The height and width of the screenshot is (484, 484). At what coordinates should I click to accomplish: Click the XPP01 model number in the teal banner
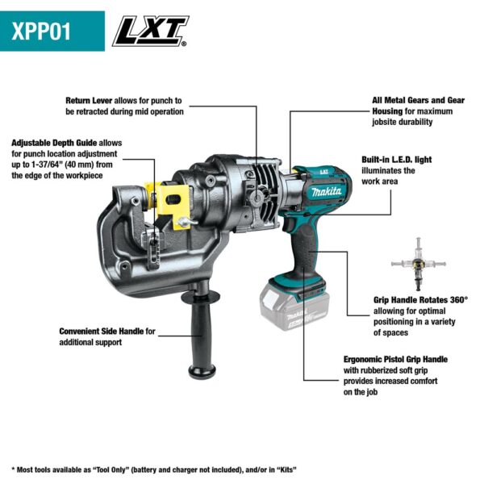42,31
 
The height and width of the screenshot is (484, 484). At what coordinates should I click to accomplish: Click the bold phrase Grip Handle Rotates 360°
419,299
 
